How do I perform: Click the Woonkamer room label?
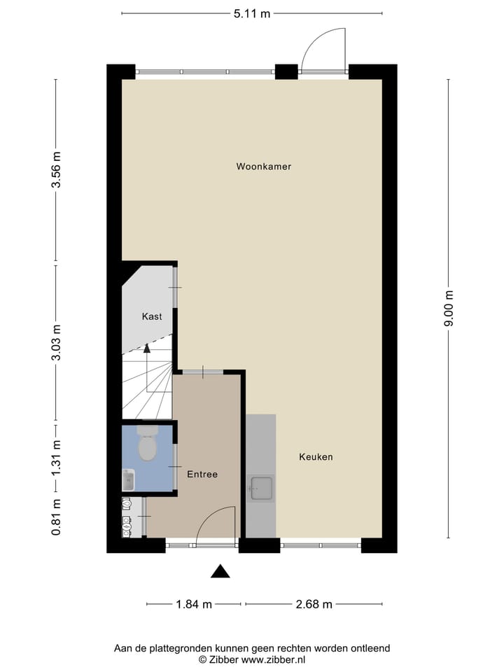[x=263, y=167]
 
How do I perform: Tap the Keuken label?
[x=316, y=457]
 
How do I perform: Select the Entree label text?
[x=202, y=475]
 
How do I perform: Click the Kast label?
[x=152, y=316]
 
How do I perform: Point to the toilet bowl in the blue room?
[x=147, y=447]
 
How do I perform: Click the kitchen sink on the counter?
[x=261, y=488]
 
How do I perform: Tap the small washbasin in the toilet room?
[x=128, y=480]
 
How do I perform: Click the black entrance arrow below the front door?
[x=220, y=571]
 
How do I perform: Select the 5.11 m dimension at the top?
[x=252, y=13]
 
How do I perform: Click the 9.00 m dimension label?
[x=448, y=309]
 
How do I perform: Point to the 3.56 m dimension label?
[x=57, y=171]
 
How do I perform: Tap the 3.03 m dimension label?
[x=57, y=342]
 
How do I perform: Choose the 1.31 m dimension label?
[x=57, y=458]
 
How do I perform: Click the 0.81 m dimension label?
[x=57, y=517]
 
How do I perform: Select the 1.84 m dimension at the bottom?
[x=194, y=604]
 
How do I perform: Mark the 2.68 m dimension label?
[x=314, y=604]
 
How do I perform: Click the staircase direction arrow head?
[x=147, y=348]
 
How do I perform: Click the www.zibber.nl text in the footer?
[x=274, y=659]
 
